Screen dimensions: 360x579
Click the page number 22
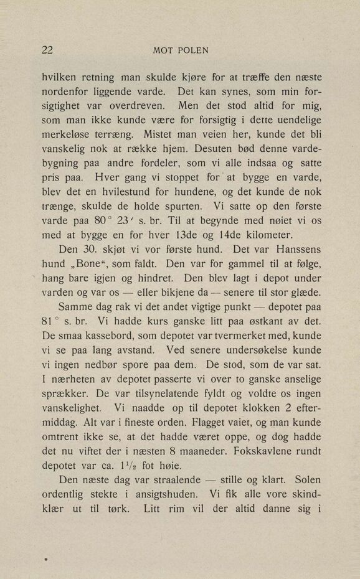(x=47, y=50)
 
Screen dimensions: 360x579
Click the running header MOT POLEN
(x=180, y=50)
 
